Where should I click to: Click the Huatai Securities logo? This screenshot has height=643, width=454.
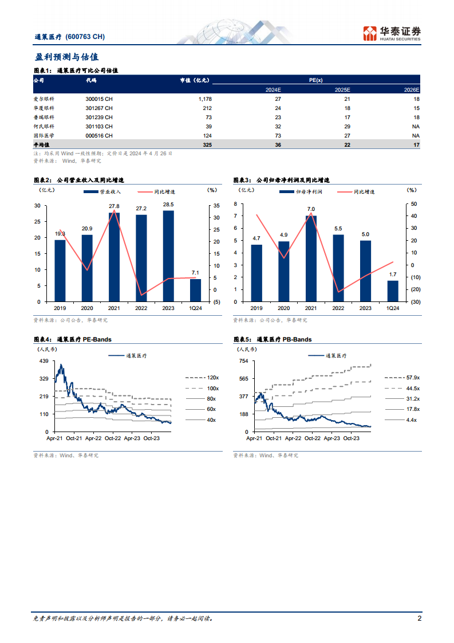392,33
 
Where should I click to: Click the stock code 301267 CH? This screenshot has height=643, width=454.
99,108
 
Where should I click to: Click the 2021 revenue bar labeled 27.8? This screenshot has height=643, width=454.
114,257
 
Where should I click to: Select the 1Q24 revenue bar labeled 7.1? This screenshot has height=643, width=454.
196,290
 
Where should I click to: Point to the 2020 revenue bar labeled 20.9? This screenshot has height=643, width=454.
87,268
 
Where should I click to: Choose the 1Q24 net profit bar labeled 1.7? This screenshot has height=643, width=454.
393,291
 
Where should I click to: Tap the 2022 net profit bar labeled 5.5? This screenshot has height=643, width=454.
338,268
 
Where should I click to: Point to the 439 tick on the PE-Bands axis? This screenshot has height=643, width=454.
44,361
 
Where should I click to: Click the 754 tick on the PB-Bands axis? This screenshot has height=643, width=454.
243,361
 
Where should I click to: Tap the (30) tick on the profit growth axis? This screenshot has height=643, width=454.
415,301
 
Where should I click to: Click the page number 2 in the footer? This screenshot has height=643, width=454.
420,619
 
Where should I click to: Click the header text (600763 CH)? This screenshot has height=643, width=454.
86,36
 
